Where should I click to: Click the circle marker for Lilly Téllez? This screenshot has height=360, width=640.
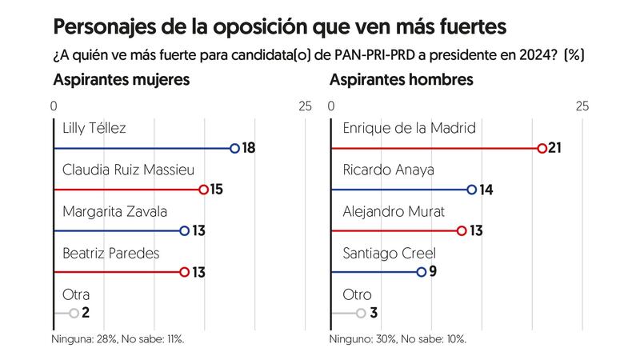coord(234,148)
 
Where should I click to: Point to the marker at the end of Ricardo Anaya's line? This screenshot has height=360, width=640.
coord(472,190)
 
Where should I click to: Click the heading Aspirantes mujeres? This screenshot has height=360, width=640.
coord(121,80)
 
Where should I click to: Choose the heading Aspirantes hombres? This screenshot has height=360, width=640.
coord(401,80)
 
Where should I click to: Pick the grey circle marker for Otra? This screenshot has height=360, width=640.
coord(74,314)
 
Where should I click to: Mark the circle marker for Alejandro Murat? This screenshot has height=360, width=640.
coord(462,231)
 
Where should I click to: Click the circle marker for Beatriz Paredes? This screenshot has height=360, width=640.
coord(185,272)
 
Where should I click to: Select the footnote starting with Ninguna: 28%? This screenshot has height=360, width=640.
coord(118,339)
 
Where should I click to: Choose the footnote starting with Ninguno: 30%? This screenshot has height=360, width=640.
coord(398,339)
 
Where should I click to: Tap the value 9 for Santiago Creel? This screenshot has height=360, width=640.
coord(433,272)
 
